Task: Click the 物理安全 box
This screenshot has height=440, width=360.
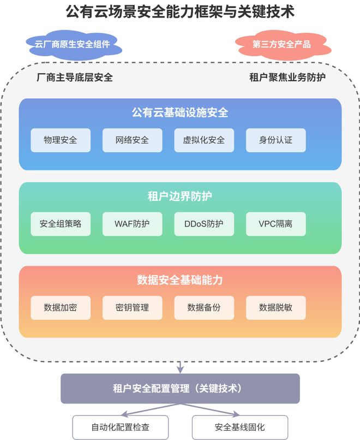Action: point(61,140)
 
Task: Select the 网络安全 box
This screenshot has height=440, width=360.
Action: point(132,140)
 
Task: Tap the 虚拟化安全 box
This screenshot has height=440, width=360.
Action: point(204,140)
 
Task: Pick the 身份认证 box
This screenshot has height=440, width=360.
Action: point(275,140)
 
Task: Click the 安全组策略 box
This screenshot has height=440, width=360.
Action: point(61,224)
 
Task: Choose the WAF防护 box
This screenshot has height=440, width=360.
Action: point(132,224)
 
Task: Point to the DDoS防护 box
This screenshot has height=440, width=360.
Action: point(204,224)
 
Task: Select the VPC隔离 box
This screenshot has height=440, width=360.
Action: point(275,224)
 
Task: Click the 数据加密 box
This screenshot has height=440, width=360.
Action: point(61,307)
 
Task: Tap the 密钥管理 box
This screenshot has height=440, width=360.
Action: point(132,307)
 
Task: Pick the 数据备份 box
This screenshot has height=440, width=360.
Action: point(204,307)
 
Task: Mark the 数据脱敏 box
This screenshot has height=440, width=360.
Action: point(275,307)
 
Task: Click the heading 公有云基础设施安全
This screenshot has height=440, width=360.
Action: point(180,113)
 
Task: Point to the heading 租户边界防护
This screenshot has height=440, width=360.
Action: point(180,197)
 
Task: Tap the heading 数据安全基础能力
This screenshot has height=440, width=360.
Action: point(180,280)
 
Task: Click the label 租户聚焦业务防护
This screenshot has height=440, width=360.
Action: point(287,77)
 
